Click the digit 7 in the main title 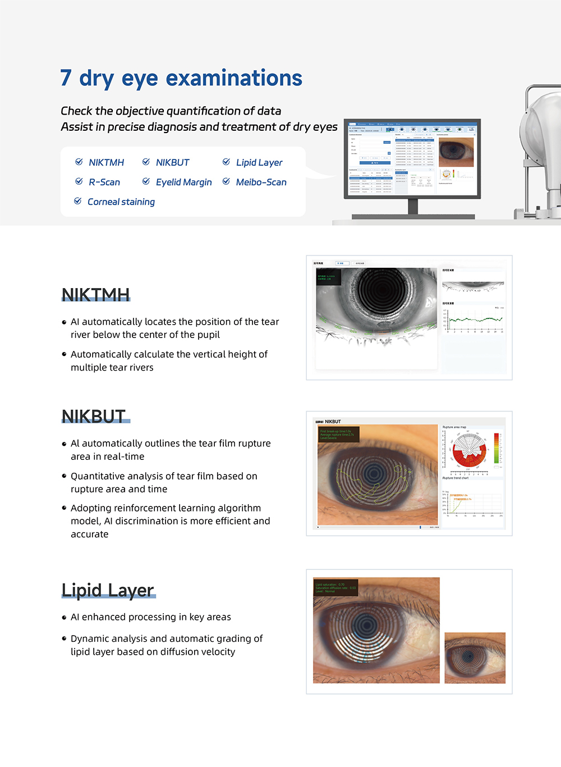(66, 78)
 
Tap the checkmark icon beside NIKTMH (79, 162)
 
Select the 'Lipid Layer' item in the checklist (259, 162)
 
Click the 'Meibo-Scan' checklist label (261, 182)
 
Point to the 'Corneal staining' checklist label (121, 202)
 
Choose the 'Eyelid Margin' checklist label (183, 182)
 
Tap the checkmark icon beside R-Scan (79, 181)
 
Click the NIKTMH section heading (95, 294)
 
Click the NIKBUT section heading (94, 416)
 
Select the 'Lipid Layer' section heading (108, 590)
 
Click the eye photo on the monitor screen (456, 152)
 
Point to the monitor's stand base (413, 216)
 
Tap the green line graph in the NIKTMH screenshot (475, 319)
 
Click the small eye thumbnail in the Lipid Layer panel (475, 658)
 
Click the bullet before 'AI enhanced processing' (64, 617)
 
